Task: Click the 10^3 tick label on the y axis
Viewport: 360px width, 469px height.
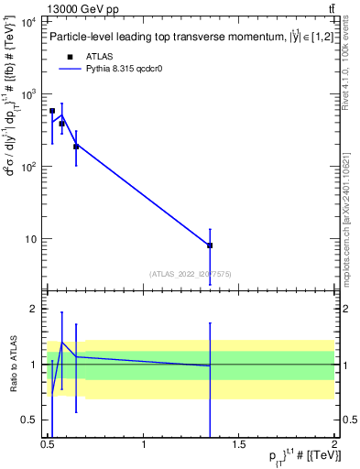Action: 28,94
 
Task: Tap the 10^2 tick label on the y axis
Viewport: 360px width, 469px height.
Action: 28,167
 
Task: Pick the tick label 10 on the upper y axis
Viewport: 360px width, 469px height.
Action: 31,239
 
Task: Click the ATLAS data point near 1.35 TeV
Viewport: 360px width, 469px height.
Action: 210,245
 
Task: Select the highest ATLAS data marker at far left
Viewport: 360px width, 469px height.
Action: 52,111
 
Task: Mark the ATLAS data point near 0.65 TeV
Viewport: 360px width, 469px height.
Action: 76,147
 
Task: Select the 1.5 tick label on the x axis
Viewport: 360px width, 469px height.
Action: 239,443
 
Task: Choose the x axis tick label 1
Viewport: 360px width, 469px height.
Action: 144,443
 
